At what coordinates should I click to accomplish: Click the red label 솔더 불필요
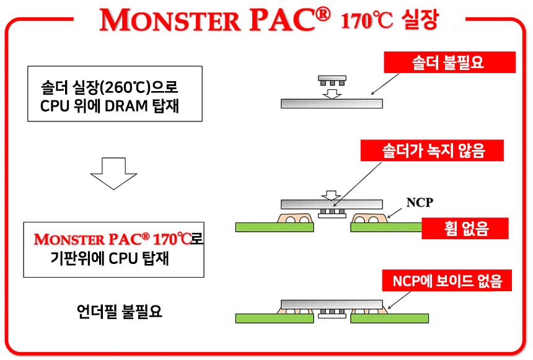click(x=451, y=62)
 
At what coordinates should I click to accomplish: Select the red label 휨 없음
click(x=465, y=229)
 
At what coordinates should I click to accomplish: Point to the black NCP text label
click(x=418, y=203)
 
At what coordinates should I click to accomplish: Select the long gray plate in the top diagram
click(x=332, y=103)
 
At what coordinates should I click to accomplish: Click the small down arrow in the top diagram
click(x=333, y=93)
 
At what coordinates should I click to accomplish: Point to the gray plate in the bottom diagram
click(x=332, y=304)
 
